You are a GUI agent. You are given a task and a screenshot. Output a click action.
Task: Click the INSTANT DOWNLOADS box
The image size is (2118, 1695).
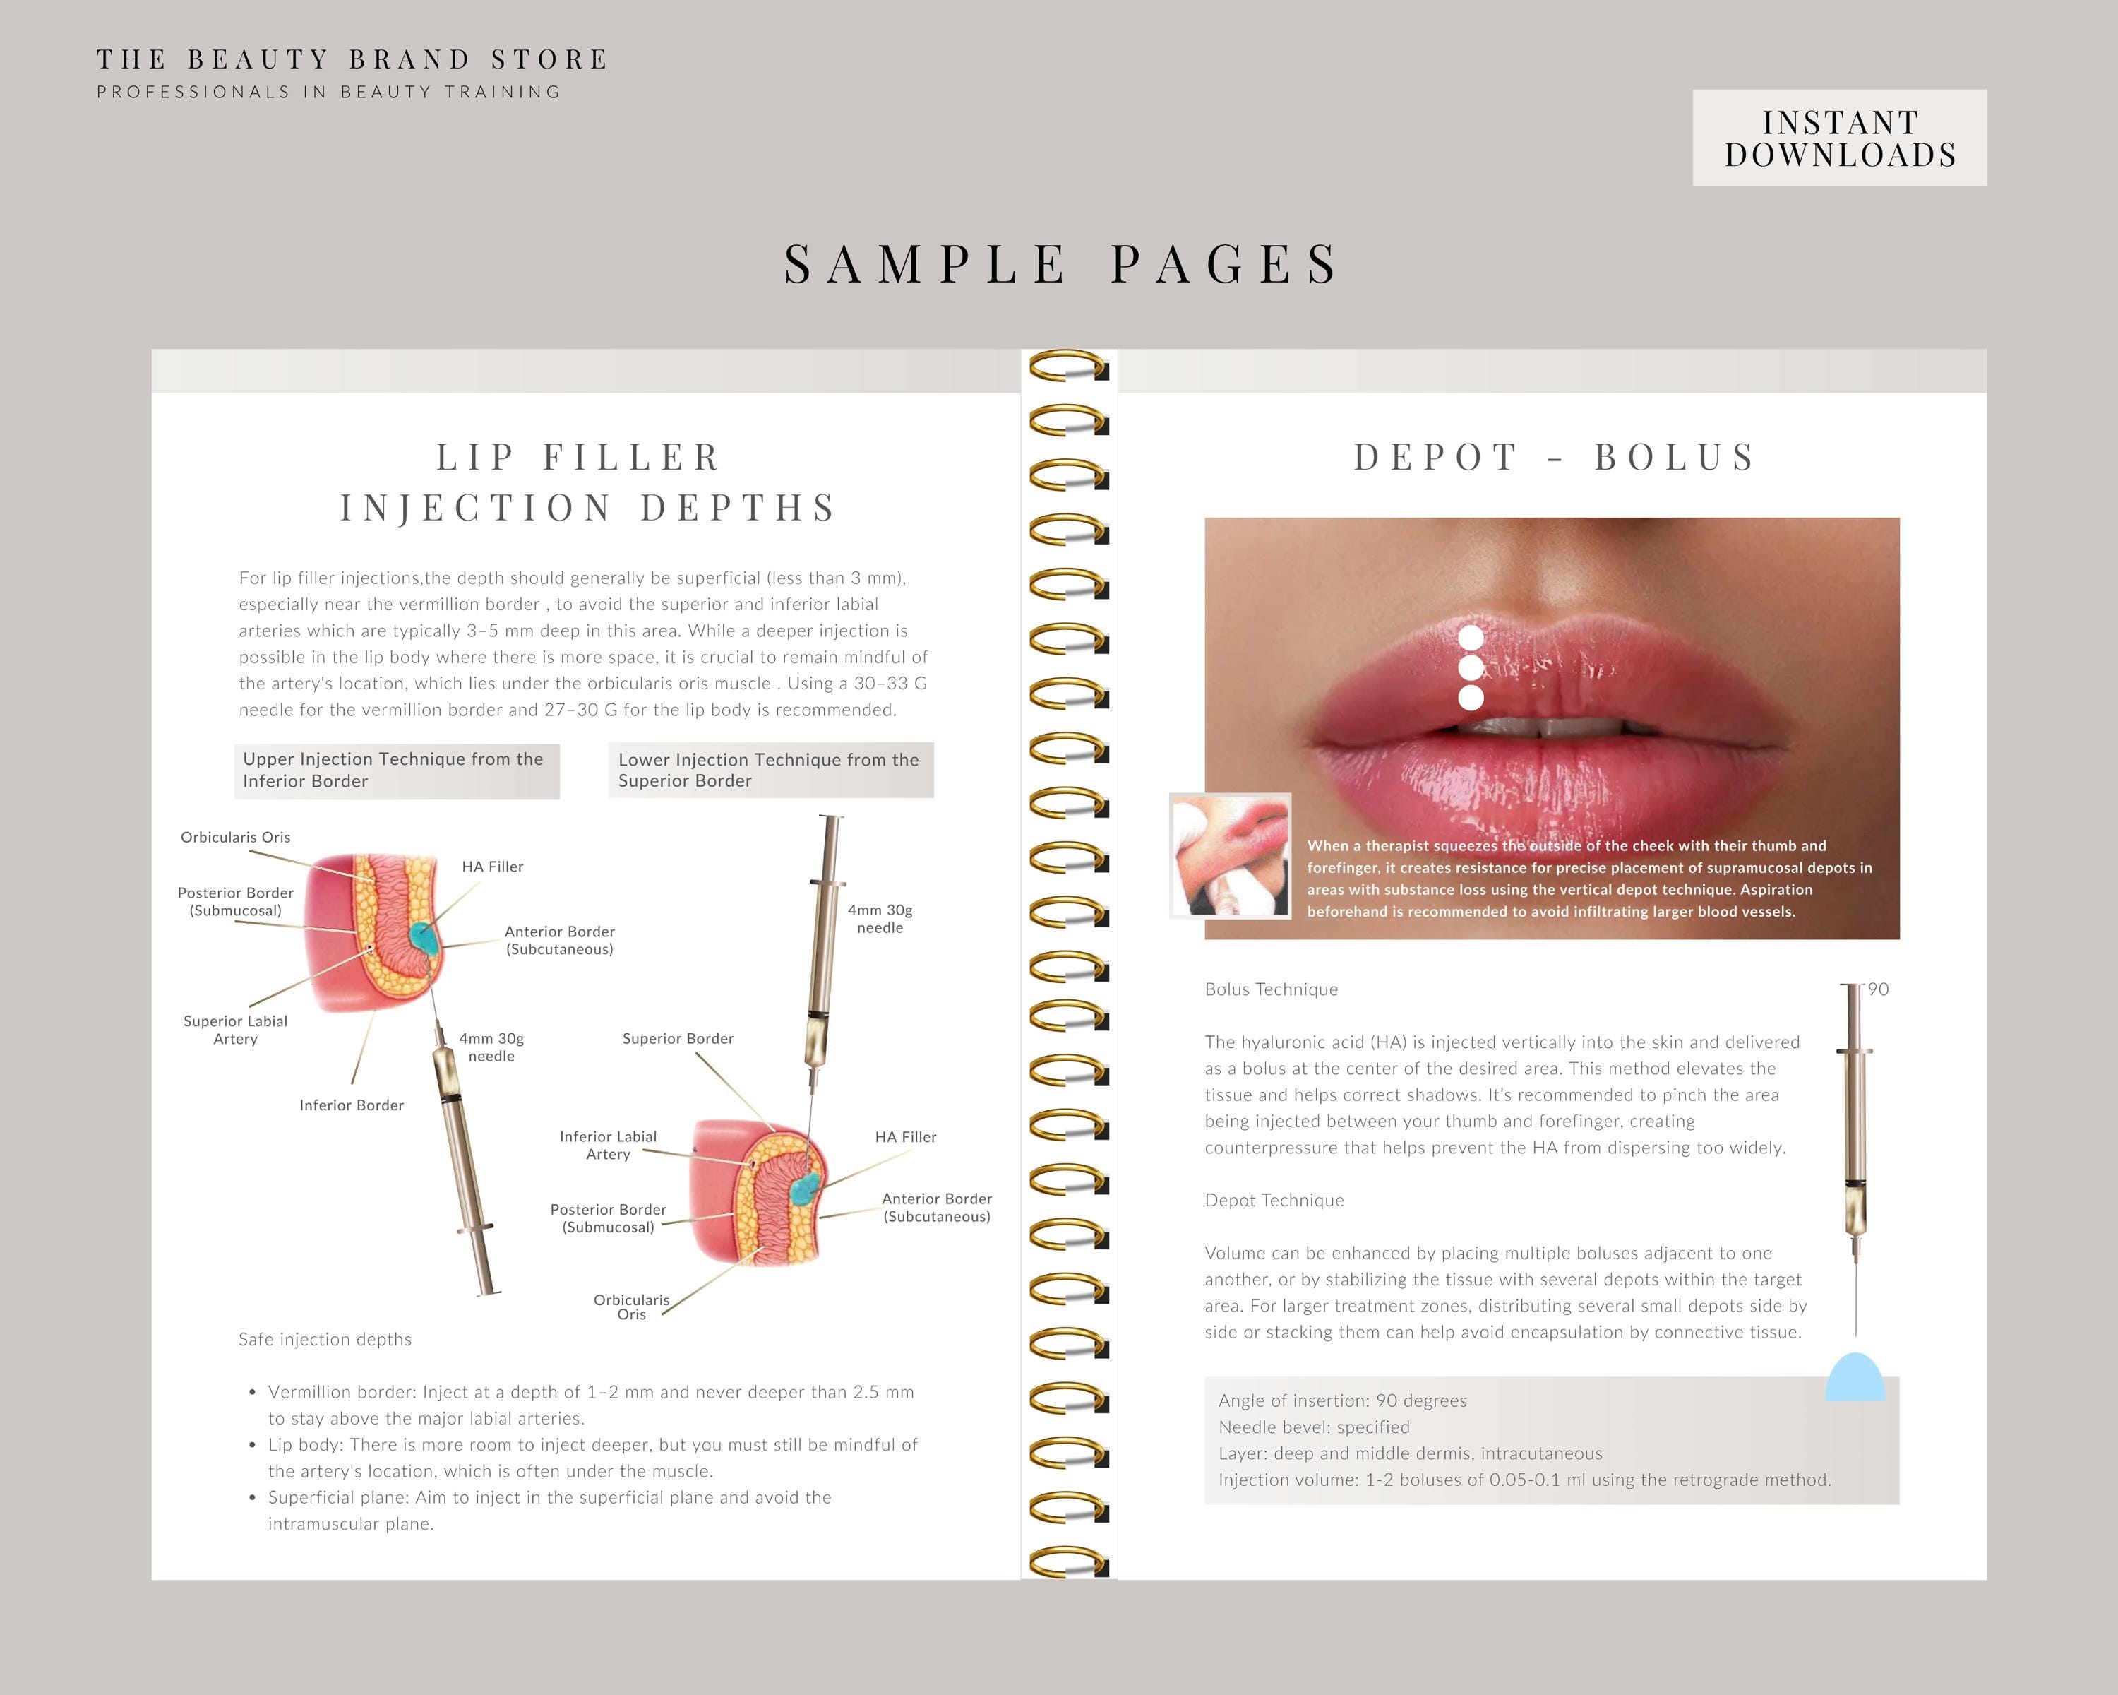[x=1839, y=138]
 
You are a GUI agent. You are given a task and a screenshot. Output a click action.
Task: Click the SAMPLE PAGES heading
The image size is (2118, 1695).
[x=1061, y=263]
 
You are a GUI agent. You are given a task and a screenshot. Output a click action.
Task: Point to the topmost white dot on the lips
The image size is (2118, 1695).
[x=1471, y=638]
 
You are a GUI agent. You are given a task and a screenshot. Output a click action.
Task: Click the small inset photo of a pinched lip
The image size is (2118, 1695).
[x=1230, y=856]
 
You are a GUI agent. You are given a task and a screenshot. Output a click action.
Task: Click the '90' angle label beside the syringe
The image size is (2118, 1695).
[x=1878, y=989]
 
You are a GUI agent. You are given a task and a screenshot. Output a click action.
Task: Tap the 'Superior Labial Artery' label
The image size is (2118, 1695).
[x=236, y=1030]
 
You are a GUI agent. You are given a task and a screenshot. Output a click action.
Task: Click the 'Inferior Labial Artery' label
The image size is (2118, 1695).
[x=608, y=1145]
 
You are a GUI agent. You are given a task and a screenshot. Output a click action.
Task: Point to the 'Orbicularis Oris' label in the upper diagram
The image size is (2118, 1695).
[x=236, y=837]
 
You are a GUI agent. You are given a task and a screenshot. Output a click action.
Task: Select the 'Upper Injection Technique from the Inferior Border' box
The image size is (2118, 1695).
[x=397, y=771]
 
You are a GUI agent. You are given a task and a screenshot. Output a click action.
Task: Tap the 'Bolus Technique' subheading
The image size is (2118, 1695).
[x=1272, y=989]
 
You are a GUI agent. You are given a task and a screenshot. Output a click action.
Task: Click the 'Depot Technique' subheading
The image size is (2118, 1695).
[x=1274, y=1201]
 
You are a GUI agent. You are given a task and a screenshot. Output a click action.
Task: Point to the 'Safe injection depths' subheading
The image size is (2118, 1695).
[x=325, y=1339]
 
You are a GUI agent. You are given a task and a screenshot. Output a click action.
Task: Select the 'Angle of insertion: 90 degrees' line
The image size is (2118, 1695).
[x=1343, y=1400]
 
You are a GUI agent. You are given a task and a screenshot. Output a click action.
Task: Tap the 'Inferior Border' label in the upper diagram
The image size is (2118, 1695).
[x=352, y=1105]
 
